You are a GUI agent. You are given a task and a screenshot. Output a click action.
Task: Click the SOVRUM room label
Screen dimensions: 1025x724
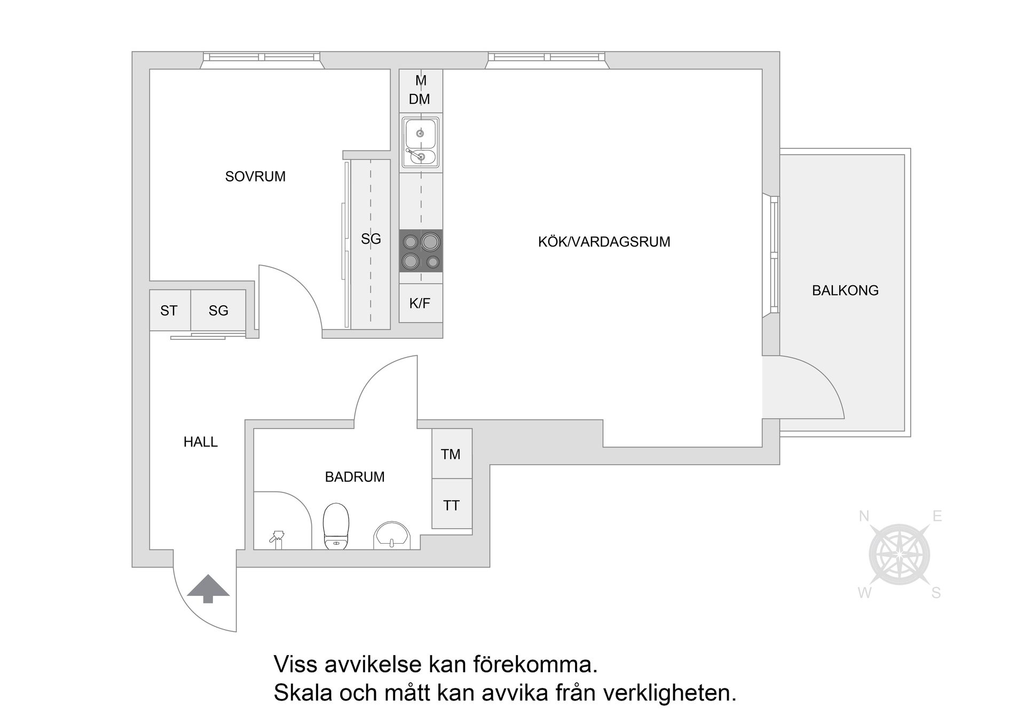[255, 177]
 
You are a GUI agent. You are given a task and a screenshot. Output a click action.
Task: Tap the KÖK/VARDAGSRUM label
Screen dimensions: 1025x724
[604, 242]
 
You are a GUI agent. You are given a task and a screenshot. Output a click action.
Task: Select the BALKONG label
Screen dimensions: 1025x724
[845, 291]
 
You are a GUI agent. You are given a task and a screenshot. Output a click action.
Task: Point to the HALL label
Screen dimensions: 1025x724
[201, 442]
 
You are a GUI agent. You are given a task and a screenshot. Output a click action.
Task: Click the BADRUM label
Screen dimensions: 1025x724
[354, 476]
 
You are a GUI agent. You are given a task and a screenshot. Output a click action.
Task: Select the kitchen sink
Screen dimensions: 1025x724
[421, 142]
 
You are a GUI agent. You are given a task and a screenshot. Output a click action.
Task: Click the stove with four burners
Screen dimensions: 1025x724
[421, 251]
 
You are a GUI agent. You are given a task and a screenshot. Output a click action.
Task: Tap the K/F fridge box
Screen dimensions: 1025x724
[420, 304]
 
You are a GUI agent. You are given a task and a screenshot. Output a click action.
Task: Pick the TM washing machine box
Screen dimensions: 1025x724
[451, 454]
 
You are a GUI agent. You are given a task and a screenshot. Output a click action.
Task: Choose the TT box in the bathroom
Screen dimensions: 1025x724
[451, 505]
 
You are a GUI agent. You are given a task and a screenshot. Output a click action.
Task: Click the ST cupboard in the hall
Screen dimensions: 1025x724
[169, 311]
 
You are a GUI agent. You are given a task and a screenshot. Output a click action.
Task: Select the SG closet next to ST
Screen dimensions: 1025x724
[218, 311]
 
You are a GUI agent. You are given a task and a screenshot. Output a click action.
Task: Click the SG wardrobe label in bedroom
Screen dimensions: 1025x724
[370, 239]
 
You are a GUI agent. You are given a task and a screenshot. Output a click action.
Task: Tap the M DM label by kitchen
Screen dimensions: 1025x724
[420, 90]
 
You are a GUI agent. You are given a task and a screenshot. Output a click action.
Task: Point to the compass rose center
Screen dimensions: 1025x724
[900, 555]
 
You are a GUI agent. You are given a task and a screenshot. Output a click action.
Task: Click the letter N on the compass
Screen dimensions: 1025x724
[864, 516]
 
